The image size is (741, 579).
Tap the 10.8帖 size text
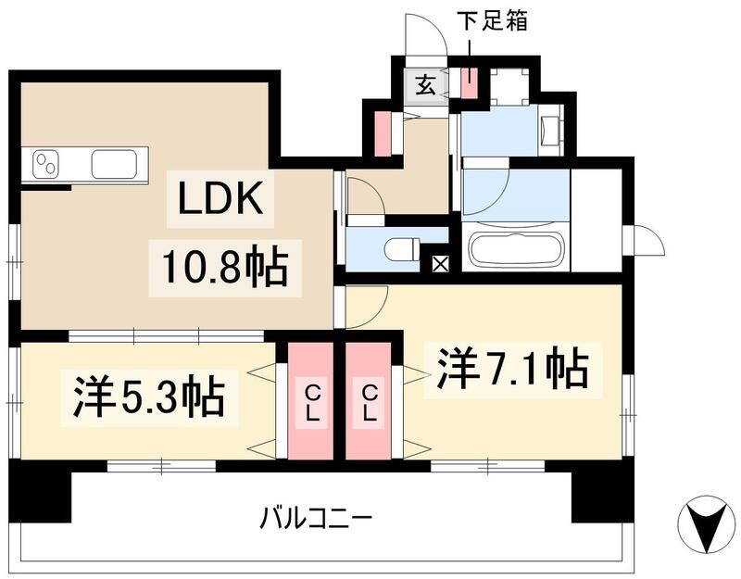click(220, 268)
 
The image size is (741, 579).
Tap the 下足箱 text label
click(491, 21)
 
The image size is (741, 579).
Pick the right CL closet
click(369, 402)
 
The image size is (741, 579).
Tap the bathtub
click(516, 249)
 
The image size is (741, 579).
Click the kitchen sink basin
click(117, 165)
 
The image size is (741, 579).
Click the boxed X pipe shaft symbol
click(439, 263)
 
